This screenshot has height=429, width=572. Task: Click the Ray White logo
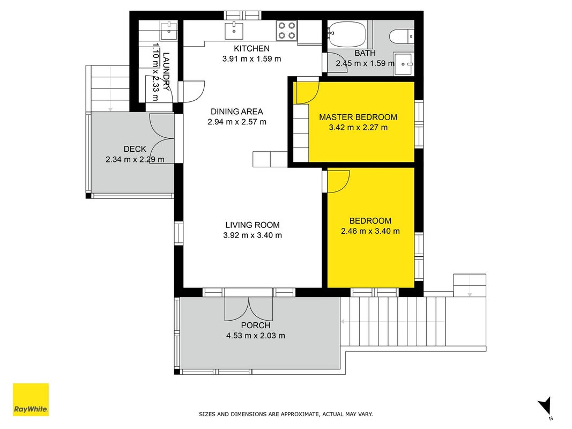pos(31,400)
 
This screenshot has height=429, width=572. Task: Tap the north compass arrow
pos(545,406)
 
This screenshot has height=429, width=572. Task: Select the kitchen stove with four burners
pos(287,30)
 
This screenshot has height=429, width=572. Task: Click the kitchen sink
pos(234,31)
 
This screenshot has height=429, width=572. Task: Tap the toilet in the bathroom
pos(402,36)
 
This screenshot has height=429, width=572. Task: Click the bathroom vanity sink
pos(404,64)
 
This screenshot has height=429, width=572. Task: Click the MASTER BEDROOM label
pos(358,117)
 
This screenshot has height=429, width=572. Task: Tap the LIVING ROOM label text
pos(252,225)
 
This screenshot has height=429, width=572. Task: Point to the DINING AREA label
pos(237,112)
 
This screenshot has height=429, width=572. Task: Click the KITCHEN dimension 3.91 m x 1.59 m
pos(252,59)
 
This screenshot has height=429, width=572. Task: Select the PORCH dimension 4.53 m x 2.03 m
pos(256,336)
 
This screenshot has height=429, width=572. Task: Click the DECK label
pos(135,149)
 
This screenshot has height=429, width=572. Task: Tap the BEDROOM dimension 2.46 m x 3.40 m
pos(370,231)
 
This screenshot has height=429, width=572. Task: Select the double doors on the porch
pos(249,309)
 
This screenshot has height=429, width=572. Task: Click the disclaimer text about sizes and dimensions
pos(286,414)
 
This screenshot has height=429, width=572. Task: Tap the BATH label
pos(365,53)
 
